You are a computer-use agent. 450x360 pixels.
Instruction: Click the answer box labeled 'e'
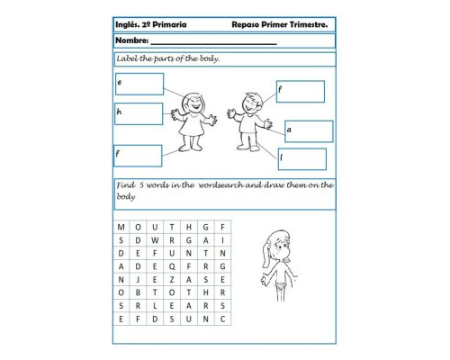point(139,84)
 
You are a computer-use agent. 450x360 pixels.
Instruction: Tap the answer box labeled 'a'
point(309,131)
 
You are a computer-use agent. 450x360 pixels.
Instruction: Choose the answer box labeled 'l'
point(301,159)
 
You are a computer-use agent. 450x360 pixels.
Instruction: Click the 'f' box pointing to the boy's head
point(300,92)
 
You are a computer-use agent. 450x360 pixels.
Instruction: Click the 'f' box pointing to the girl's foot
point(138,156)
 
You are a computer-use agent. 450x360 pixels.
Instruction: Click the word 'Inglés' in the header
point(130,26)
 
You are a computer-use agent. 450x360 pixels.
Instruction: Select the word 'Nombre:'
point(131,41)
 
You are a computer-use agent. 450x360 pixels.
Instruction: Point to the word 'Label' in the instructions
point(128,58)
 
